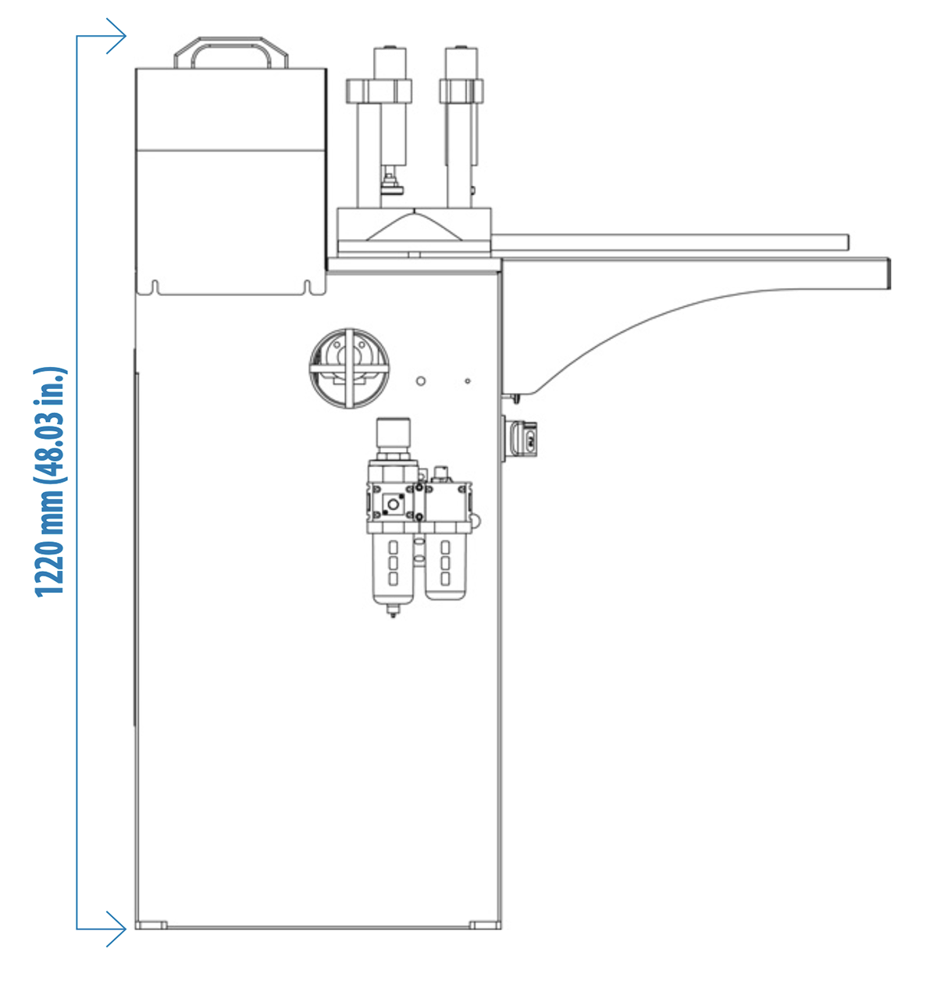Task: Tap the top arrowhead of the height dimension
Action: (116, 36)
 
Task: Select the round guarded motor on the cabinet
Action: (349, 369)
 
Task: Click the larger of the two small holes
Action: (421, 381)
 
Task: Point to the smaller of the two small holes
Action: (468, 381)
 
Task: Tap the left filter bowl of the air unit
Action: (393, 568)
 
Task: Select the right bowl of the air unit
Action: (446, 566)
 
